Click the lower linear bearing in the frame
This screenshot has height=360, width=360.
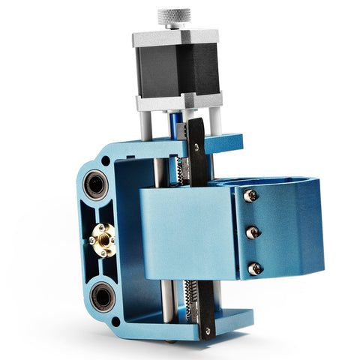point(103,295)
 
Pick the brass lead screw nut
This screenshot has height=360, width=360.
point(104,239)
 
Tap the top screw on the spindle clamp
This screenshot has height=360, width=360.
point(250,196)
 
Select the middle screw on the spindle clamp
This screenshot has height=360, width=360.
point(253,232)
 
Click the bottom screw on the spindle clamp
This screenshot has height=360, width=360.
point(255,268)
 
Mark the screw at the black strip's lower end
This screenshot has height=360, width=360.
point(208,330)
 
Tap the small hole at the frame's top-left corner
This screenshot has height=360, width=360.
point(105,160)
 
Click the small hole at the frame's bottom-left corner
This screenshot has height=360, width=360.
point(115,322)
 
